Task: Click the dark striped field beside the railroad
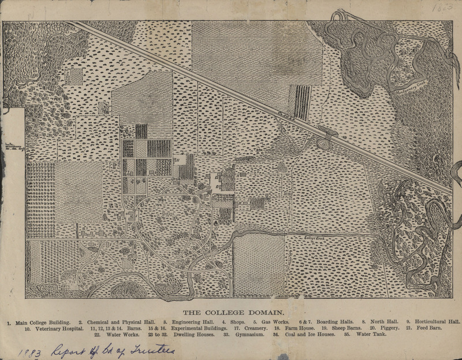[x=303, y=102]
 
